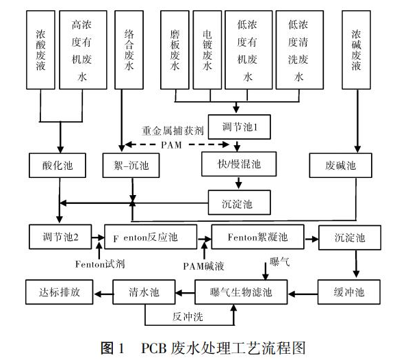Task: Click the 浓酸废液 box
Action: (40, 50)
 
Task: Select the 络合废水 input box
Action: (129, 50)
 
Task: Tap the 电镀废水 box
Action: (207, 50)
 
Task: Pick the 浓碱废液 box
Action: (356, 50)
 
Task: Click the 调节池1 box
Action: (240, 127)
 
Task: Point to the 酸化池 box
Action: (58, 166)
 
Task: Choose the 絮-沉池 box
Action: (131, 166)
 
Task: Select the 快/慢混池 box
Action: (239, 164)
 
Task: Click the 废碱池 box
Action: (341, 166)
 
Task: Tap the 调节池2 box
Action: (60, 237)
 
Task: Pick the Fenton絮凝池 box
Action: (258, 237)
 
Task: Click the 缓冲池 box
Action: (349, 292)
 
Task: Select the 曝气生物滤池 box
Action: (241, 292)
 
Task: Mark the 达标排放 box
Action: (60, 292)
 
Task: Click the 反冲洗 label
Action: (188, 317)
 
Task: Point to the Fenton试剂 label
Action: (100, 264)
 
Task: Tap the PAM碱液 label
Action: (203, 266)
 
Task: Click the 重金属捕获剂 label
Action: (173, 130)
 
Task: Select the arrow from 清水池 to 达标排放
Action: (103, 294)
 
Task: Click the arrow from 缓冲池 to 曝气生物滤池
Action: (303, 294)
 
